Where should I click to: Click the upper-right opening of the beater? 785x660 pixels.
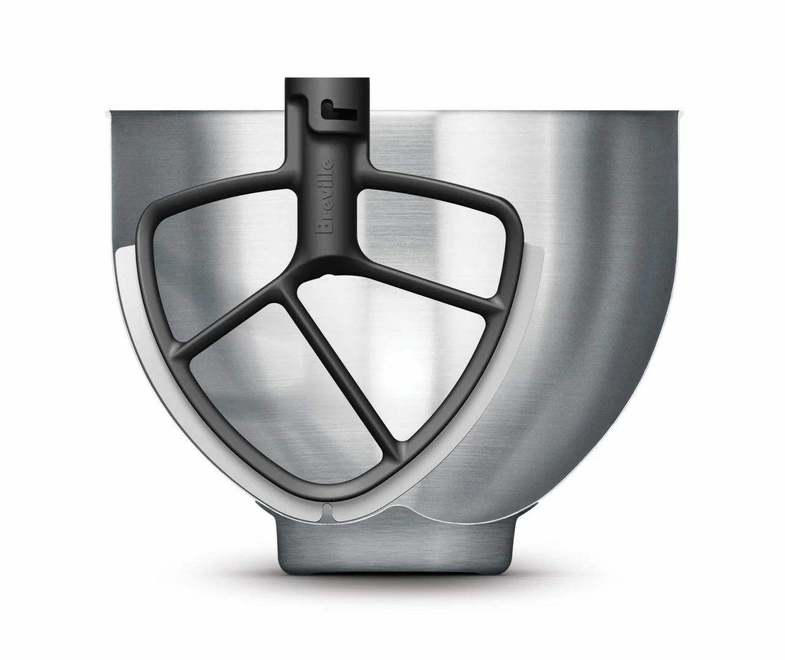[429, 240]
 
